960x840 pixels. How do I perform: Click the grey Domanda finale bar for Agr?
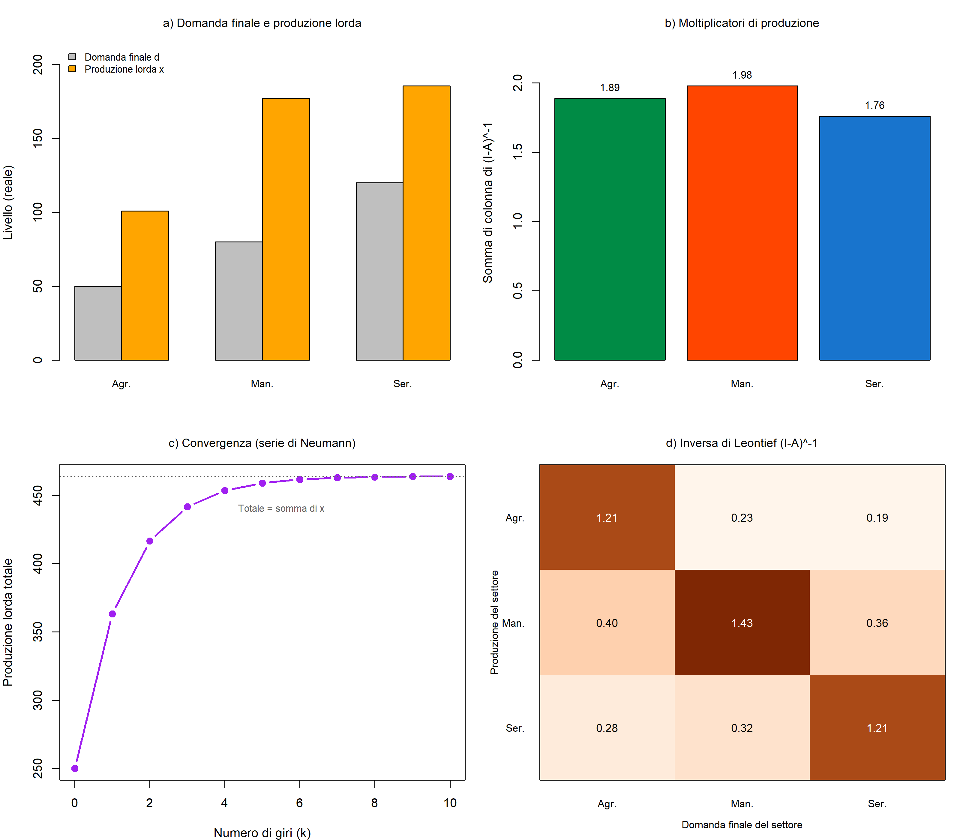98,323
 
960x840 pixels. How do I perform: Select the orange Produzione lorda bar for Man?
286,229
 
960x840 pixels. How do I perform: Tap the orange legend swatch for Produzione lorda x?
72,69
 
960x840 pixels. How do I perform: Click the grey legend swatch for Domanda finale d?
72,57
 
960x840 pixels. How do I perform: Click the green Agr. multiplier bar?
610,229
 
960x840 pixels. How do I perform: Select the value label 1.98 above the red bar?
742,75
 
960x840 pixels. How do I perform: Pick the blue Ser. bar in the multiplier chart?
875,238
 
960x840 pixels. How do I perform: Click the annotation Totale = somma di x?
281,508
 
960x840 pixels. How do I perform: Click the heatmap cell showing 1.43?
742,622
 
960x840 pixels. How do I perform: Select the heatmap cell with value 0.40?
607,622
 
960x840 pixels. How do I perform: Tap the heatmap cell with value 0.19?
877,517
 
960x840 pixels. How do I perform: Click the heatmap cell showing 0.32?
742,727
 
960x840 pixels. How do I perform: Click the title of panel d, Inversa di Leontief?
742,443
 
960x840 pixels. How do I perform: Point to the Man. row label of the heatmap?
513,623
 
